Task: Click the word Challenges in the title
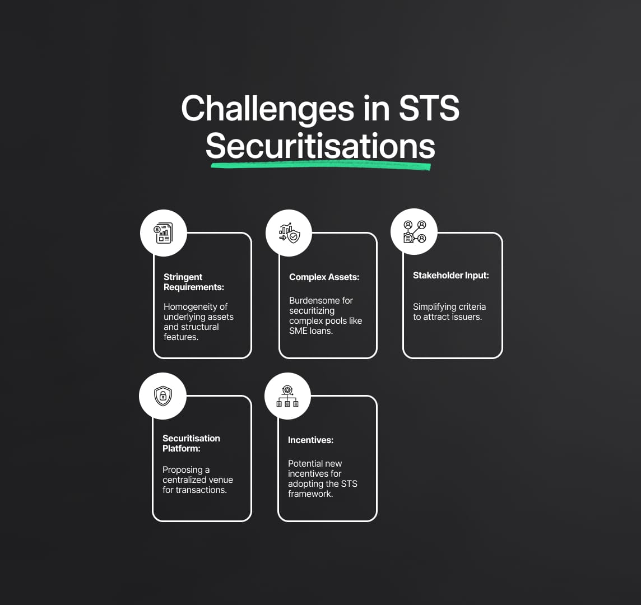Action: [x=268, y=109]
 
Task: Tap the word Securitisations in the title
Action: [x=320, y=146]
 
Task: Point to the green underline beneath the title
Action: [x=320, y=165]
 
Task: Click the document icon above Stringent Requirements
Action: [x=163, y=233]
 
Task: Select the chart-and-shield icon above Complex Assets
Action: [x=289, y=233]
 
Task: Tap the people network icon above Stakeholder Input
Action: [x=415, y=231]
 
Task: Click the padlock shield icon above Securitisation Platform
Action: [x=162, y=395]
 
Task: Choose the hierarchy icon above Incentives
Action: [x=287, y=395]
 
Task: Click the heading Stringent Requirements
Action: [x=194, y=282]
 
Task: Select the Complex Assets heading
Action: [x=324, y=277]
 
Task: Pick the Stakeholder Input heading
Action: [x=451, y=276]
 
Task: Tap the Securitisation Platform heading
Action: [x=191, y=443]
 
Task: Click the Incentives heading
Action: [x=310, y=440]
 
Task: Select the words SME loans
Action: [x=311, y=331]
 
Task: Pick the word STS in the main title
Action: [x=429, y=108]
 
